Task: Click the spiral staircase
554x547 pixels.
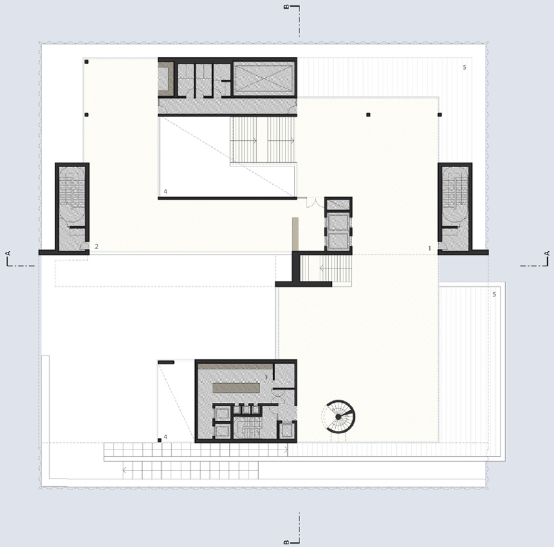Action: tap(338, 417)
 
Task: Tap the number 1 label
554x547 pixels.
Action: tap(429, 248)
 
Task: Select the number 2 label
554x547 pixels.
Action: tap(96, 246)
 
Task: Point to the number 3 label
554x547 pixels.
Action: tap(266, 377)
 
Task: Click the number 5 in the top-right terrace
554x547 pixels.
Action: tap(465, 67)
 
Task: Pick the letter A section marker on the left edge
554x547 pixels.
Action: tap(9, 253)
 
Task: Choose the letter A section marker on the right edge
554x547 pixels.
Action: tap(547, 253)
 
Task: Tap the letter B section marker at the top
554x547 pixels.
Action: tap(286, 7)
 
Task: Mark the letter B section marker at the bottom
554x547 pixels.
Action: tap(286, 542)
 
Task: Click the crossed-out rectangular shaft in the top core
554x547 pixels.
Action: tap(263, 78)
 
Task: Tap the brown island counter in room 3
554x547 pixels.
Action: tap(236, 388)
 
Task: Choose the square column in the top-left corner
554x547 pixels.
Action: tap(87, 62)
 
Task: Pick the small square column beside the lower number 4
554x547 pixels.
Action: tap(159, 440)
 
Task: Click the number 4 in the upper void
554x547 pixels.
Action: tap(165, 192)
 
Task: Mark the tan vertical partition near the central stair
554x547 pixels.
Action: tap(295, 235)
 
